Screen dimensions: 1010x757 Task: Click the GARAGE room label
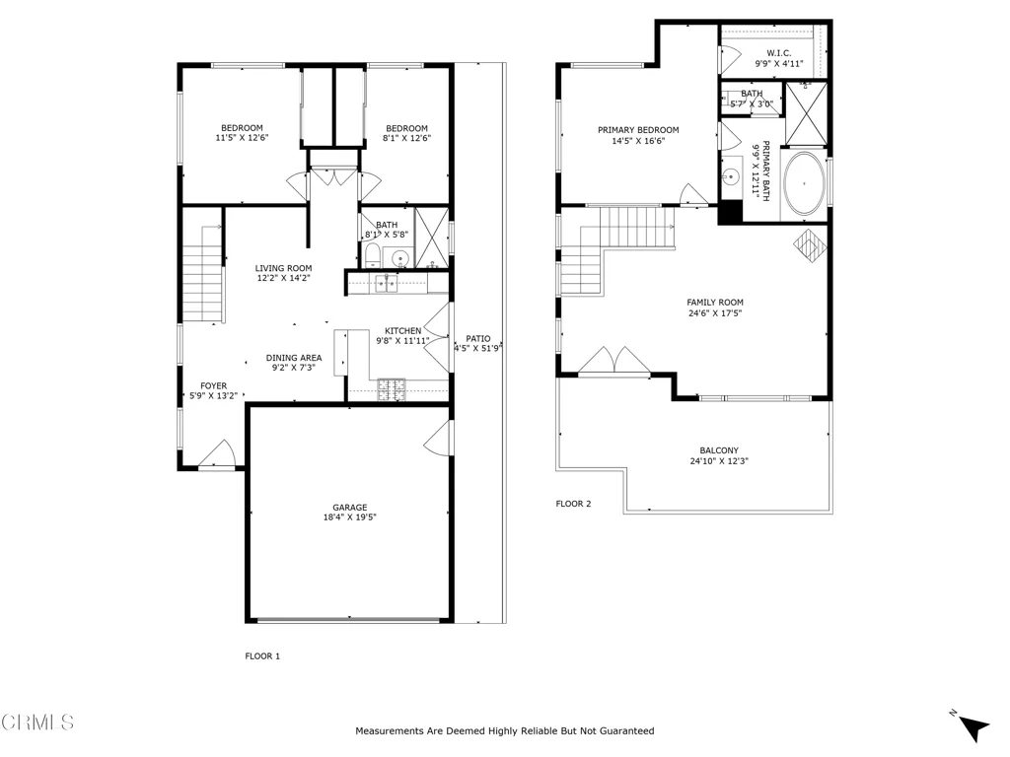350,508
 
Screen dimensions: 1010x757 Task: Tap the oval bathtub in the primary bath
804,183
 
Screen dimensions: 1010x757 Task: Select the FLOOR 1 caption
262,656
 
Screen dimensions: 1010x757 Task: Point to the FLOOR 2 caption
573,504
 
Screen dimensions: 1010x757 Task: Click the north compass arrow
974,727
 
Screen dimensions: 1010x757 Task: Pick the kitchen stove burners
392,388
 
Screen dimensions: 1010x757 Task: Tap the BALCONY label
719,450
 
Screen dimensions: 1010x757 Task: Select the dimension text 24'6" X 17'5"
715,313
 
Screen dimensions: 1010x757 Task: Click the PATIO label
478,339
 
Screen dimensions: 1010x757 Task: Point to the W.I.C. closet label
779,53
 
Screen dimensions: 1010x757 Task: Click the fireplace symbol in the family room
810,244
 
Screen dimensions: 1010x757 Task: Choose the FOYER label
213,386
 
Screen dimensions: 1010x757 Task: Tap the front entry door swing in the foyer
217,453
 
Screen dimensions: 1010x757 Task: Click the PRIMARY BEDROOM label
638,130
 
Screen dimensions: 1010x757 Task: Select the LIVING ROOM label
283,268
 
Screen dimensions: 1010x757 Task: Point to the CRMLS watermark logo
37,723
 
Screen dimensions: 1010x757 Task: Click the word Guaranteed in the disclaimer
626,731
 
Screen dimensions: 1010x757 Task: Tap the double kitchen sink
387,283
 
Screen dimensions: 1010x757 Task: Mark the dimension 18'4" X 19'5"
350,517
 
